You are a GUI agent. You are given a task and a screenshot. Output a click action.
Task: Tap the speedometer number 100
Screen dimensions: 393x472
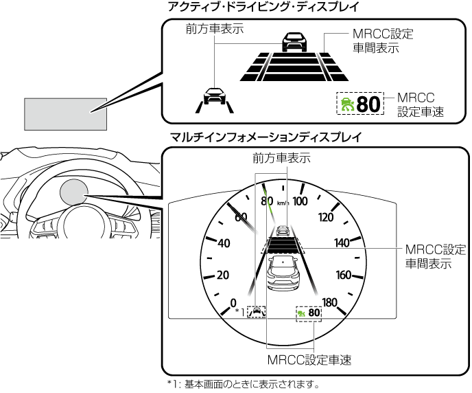coord(300,201)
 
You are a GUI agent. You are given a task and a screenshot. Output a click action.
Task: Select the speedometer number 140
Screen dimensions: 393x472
coord(342,243)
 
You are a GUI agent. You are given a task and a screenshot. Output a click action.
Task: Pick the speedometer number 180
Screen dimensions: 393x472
coord(331,302)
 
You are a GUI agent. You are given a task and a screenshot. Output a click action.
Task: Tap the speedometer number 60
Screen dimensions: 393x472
coord(241,217)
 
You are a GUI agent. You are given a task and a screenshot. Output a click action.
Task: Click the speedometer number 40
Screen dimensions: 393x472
coord(223,243)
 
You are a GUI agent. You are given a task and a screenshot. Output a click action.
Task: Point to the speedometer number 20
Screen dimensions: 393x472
coord(222,275)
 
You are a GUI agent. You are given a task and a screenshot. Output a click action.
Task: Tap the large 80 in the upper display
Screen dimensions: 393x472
coord(368,104)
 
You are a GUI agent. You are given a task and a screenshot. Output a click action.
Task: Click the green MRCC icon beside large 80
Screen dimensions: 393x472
coord(346,105)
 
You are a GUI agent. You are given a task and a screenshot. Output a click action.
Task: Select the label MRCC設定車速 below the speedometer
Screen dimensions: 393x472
coord(309,360)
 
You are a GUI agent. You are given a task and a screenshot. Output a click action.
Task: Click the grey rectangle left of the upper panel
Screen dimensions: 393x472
coord(66,113)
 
